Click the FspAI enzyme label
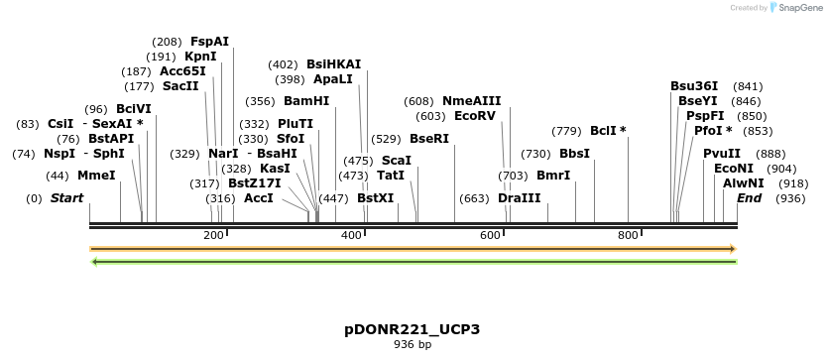(x=209, y=42)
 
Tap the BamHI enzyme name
(x=306, y=101)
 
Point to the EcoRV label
(x=474, y=116)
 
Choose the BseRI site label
(x=429, y=139)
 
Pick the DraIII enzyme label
(x=520, y=198)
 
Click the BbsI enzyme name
(x=574, y=154)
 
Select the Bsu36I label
(x=694, y=86)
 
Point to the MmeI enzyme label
(x=96, y=176)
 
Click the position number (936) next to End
(x=790, y=198)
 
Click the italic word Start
(x=66, y=198)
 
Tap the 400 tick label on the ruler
(x=351, y=235)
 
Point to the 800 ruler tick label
(x=628, y=235)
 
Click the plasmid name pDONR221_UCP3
(x=412, y=329)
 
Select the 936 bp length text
(x=412, y=345)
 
